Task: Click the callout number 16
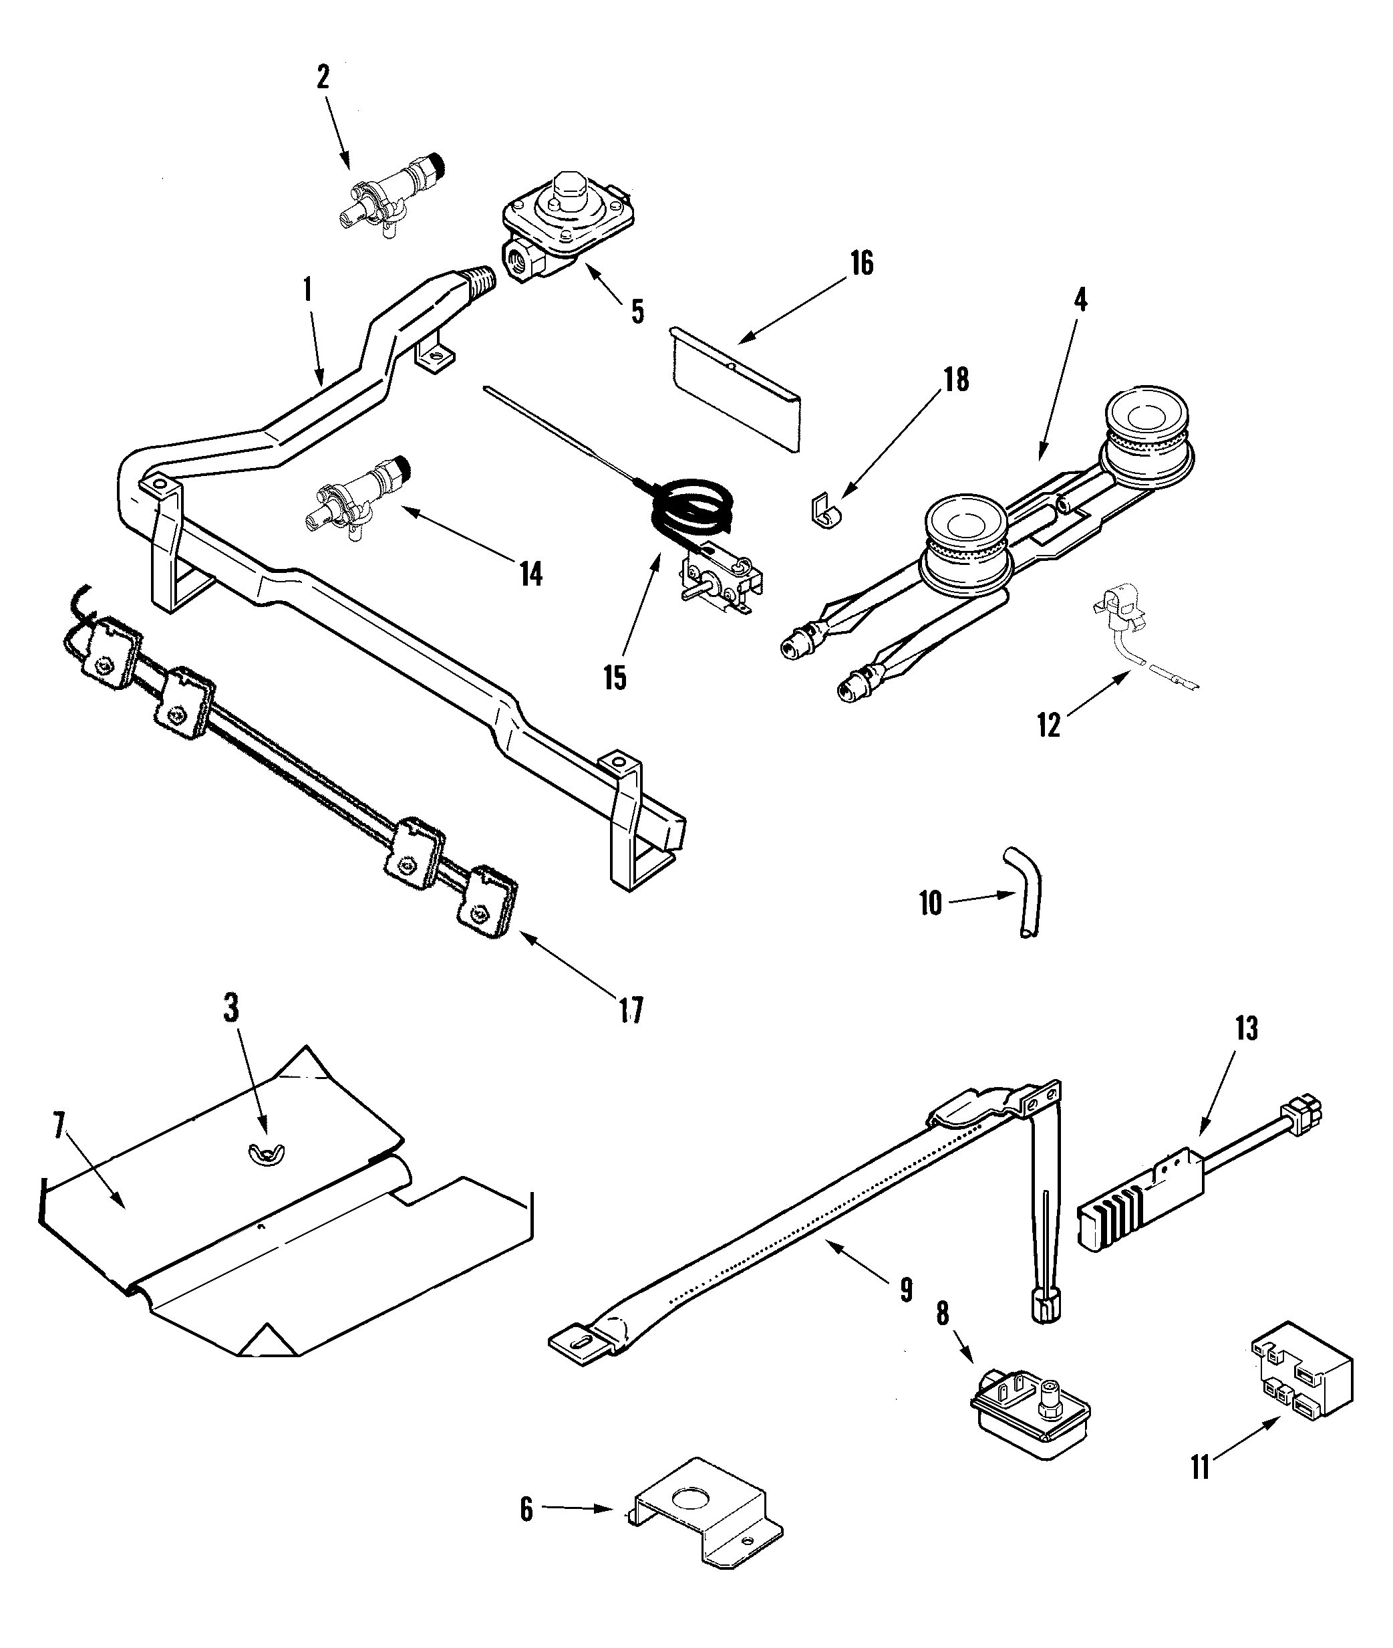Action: (x=862, y=263)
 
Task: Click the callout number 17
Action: (x=630, y=1010)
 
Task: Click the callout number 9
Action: (x=907, y=1290)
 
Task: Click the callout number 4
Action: (x=1080, y=300)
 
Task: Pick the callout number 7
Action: (x=58, y=1129)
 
